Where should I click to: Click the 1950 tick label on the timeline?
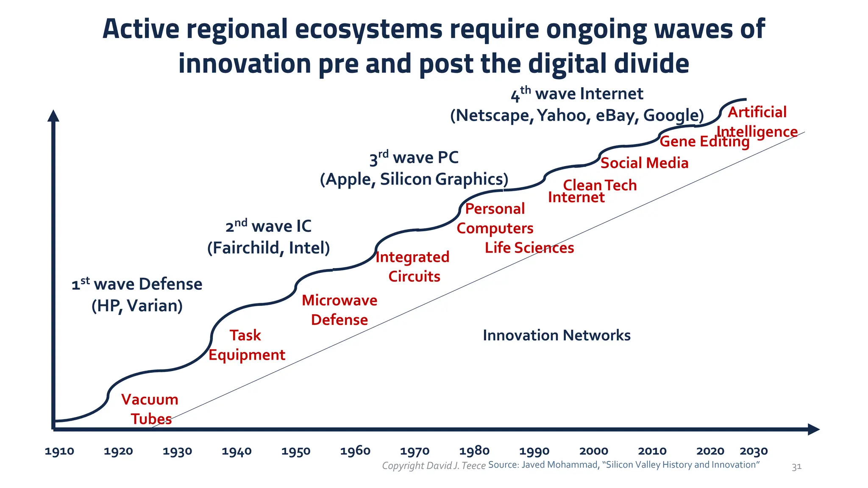[296, 451]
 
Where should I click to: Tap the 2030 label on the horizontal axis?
[754, 451]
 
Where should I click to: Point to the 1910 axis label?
[59, 451]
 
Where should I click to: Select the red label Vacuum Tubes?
[150, 409]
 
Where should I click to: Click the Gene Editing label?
[704, 141]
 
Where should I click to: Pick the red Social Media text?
[644, 163]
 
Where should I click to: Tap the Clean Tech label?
[600, 185]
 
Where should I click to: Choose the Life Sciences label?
[529, 248]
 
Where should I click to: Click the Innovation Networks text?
[556, 335]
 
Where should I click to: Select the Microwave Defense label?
[339, 310]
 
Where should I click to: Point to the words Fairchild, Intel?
[268, 248]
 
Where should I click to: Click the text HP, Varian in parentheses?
[137, 306]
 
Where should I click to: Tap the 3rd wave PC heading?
[414, 158]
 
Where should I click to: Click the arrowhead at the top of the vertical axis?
[53, 116]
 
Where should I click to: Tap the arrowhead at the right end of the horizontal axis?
[813, 429]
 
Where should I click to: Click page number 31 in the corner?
[796, 467]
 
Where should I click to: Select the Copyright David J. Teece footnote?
[434, 466]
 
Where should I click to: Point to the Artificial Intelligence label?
[757, 122]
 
